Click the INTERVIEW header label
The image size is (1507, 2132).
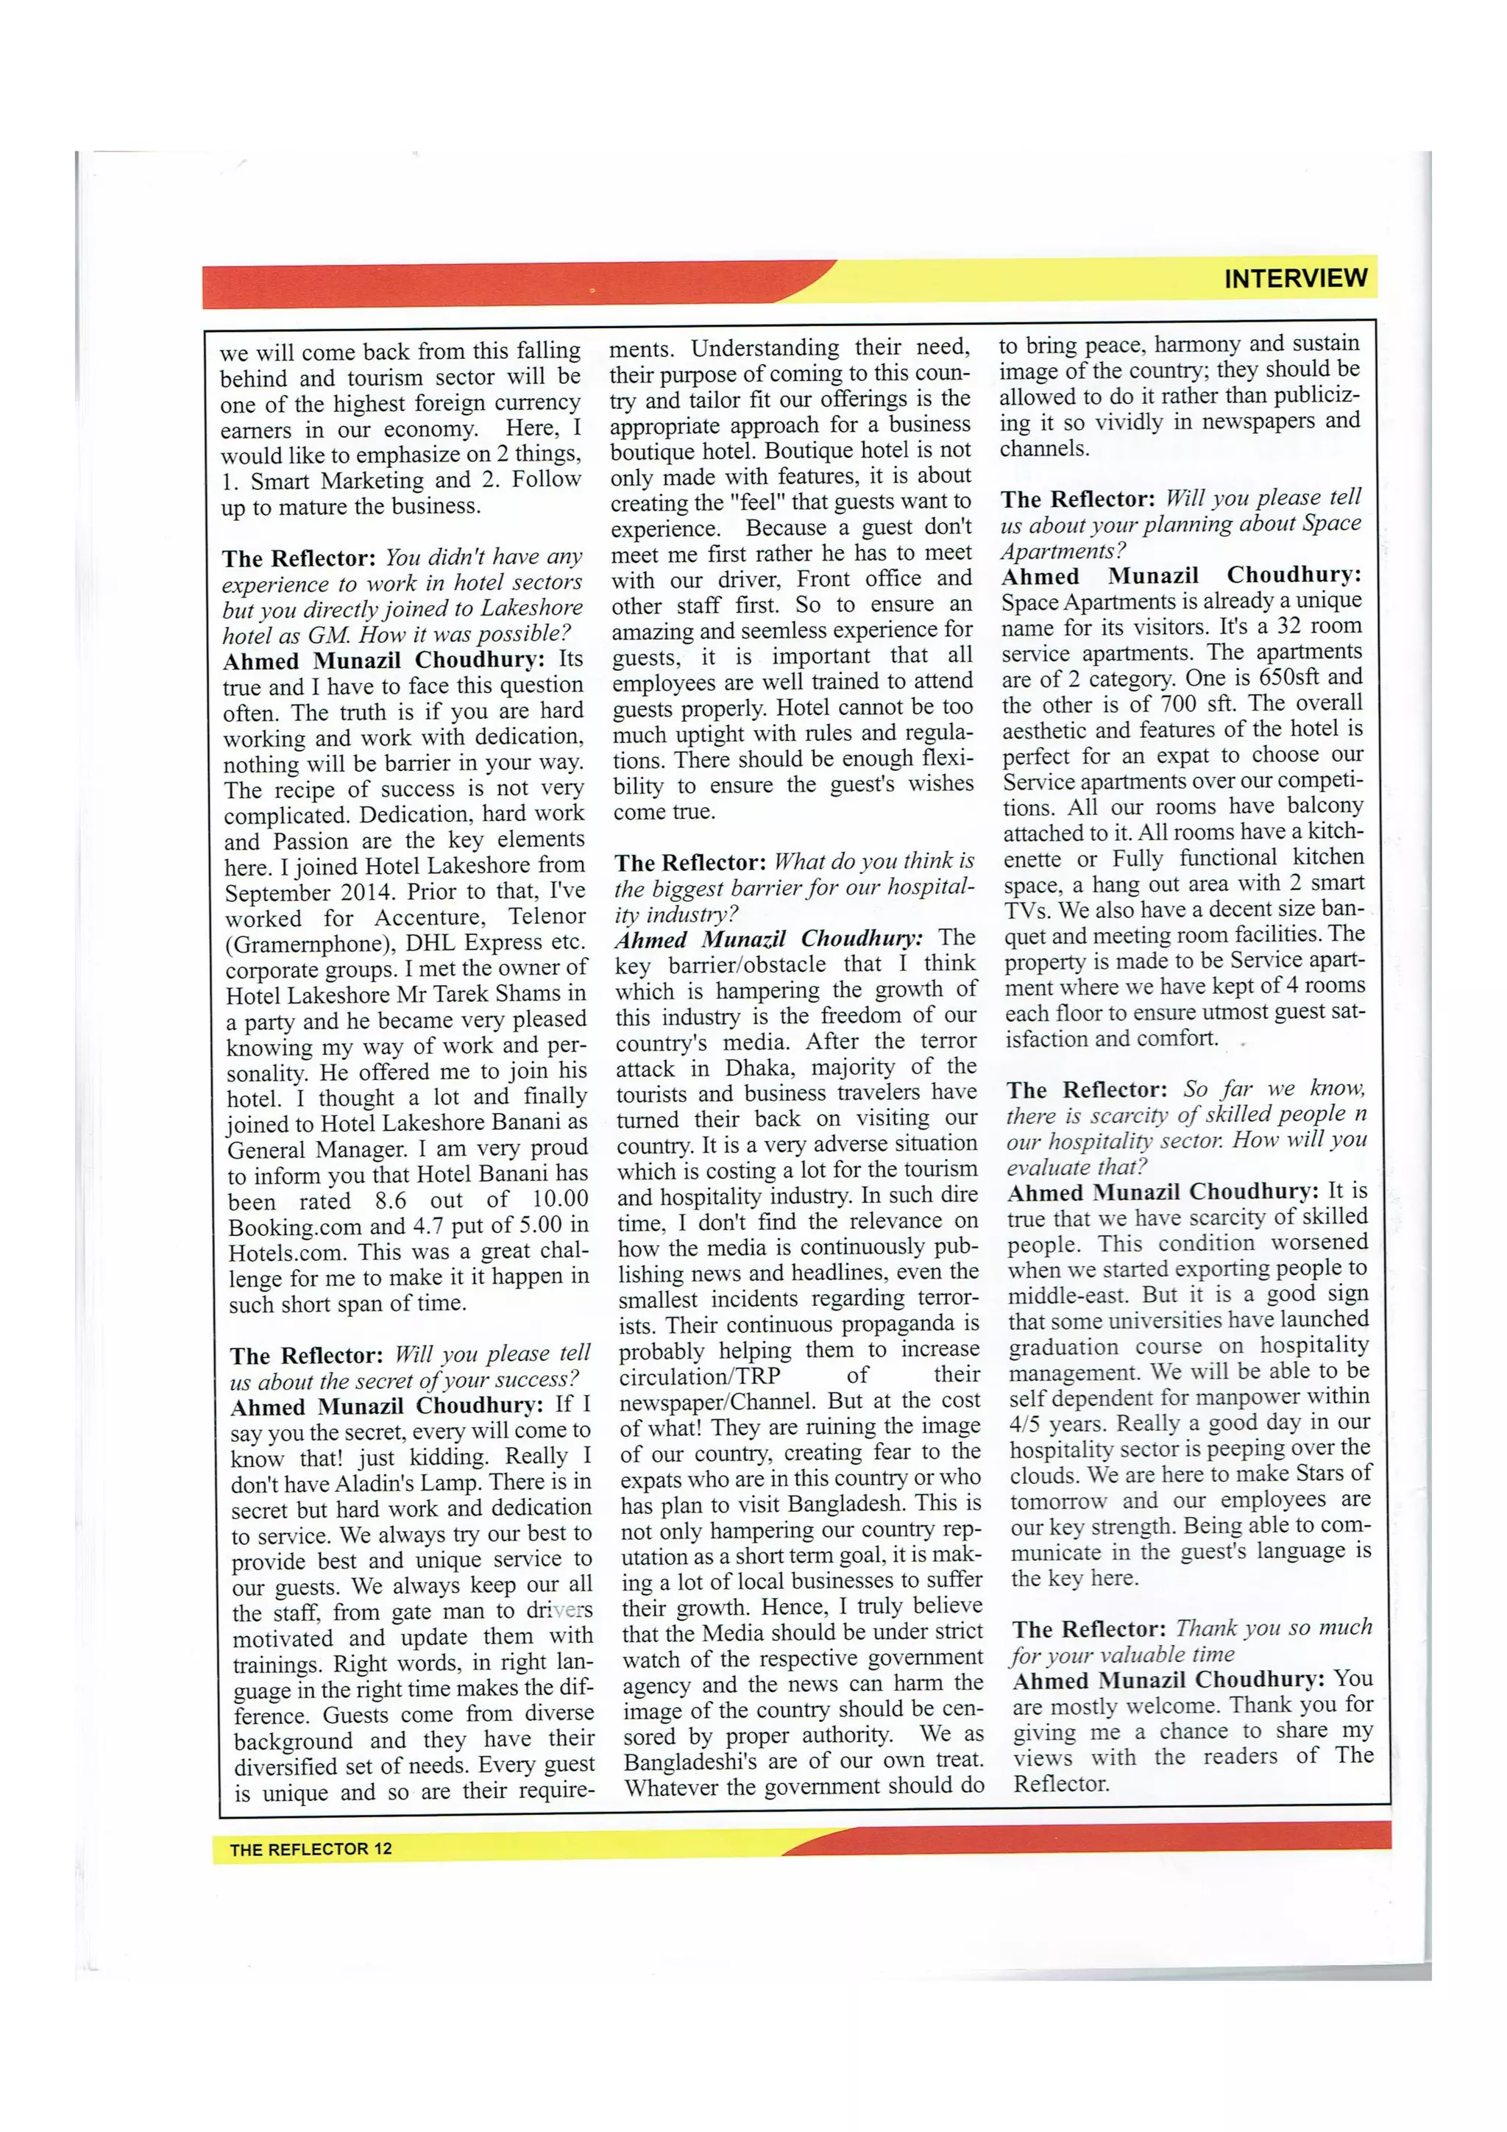click(1294, 279)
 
